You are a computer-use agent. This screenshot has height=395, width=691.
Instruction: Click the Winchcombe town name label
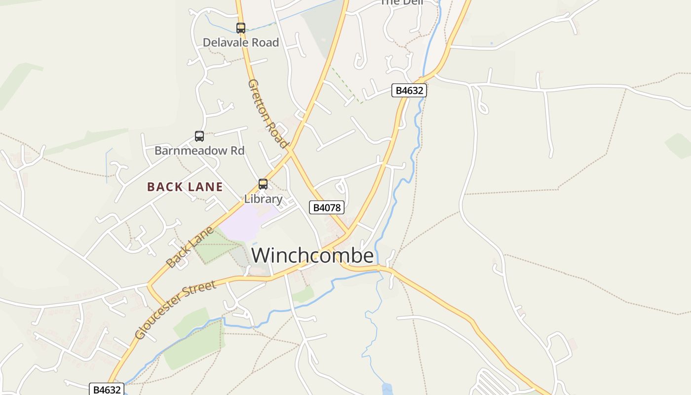(312, 255)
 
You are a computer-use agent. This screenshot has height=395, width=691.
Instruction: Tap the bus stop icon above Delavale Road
(241, 28)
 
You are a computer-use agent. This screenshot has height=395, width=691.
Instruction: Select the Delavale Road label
(241, 42)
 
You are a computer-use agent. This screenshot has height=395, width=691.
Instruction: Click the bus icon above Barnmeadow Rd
(199, 136)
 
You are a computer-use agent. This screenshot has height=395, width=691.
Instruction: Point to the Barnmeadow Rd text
(199, 151)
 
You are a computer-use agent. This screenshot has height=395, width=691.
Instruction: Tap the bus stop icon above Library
(263, 184)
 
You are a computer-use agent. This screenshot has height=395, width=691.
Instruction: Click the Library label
(263, 199)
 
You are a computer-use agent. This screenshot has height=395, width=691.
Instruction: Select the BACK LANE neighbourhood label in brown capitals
(185, 187)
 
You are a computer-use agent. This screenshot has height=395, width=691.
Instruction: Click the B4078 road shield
(326, 207)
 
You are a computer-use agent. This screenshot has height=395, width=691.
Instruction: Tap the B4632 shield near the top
(409, 90)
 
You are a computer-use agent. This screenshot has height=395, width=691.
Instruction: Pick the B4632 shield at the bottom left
(107, 390)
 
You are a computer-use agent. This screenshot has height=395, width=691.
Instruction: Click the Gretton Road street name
(267, 114)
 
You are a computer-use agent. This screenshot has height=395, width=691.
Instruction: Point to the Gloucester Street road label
(175, 310)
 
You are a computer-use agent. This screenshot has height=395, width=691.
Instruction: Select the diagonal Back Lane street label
(190, 247)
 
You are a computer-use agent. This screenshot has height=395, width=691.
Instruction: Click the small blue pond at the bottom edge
(387, 389)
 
